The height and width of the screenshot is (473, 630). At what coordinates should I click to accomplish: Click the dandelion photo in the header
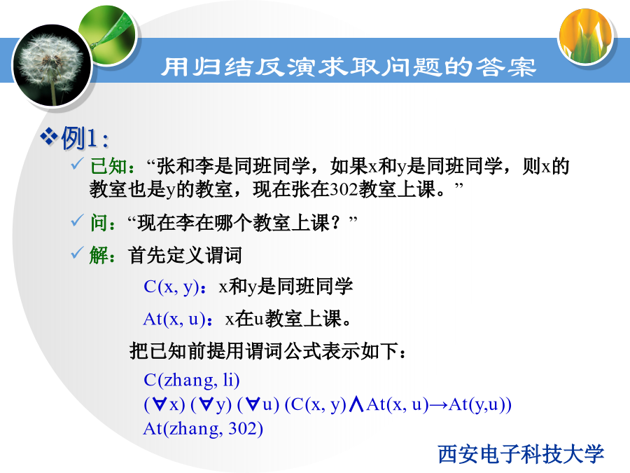[52, 66]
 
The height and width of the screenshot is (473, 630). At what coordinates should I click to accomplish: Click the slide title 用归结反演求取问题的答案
[349, 67]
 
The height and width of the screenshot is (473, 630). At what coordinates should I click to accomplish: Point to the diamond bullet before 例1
[49, 136]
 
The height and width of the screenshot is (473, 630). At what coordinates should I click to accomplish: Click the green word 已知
[108, 166]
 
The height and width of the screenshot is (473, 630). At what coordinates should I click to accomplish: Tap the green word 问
[99, 223]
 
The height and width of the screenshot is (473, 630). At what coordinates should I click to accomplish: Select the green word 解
[99, 255]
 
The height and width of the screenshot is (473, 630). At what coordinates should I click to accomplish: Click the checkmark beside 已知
[77, 163]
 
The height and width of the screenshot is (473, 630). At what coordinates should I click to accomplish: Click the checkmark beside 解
[77, 252]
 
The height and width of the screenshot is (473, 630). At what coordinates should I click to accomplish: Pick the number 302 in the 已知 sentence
[344, 189]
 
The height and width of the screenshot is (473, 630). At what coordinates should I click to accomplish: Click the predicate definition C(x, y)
[171, 287]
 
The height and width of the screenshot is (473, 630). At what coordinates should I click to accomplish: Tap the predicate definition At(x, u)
[174, 319]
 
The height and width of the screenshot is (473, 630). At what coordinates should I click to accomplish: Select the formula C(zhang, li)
[192, 380]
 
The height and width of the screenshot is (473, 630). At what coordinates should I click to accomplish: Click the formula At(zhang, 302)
[203, 429]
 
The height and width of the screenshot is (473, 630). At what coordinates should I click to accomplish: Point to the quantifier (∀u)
[258, 404]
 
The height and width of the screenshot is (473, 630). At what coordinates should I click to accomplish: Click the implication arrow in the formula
[438, 405]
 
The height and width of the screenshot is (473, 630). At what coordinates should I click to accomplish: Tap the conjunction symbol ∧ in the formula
[356, 404]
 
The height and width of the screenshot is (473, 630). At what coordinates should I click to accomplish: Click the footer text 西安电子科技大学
[521, 454]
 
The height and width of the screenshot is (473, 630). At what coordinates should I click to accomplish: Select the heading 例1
[85, 138]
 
